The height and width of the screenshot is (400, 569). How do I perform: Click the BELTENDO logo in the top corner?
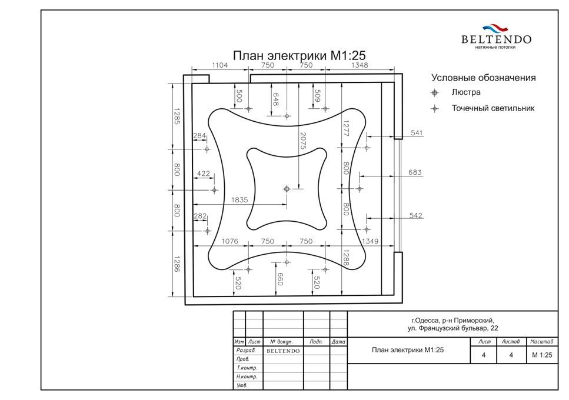[x=496, y=37]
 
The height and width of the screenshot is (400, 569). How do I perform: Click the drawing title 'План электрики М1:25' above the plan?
[x=299, y=55]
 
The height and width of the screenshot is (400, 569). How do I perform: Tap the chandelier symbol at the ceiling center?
[x=287, y=189]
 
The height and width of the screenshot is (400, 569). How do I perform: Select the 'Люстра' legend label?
[x=466, y=92]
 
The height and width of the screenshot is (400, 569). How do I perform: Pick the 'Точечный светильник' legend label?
[x=493, y=108]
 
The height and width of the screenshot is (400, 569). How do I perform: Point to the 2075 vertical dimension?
[x=304, y=141]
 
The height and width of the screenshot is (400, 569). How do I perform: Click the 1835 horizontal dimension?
[x=239, y=200]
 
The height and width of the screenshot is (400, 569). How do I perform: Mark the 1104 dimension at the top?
[x=220, y=65]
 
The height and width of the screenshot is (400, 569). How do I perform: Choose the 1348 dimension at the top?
[x=360, y=65]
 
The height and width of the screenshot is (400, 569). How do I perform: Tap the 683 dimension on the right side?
[x=415, y=172]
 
